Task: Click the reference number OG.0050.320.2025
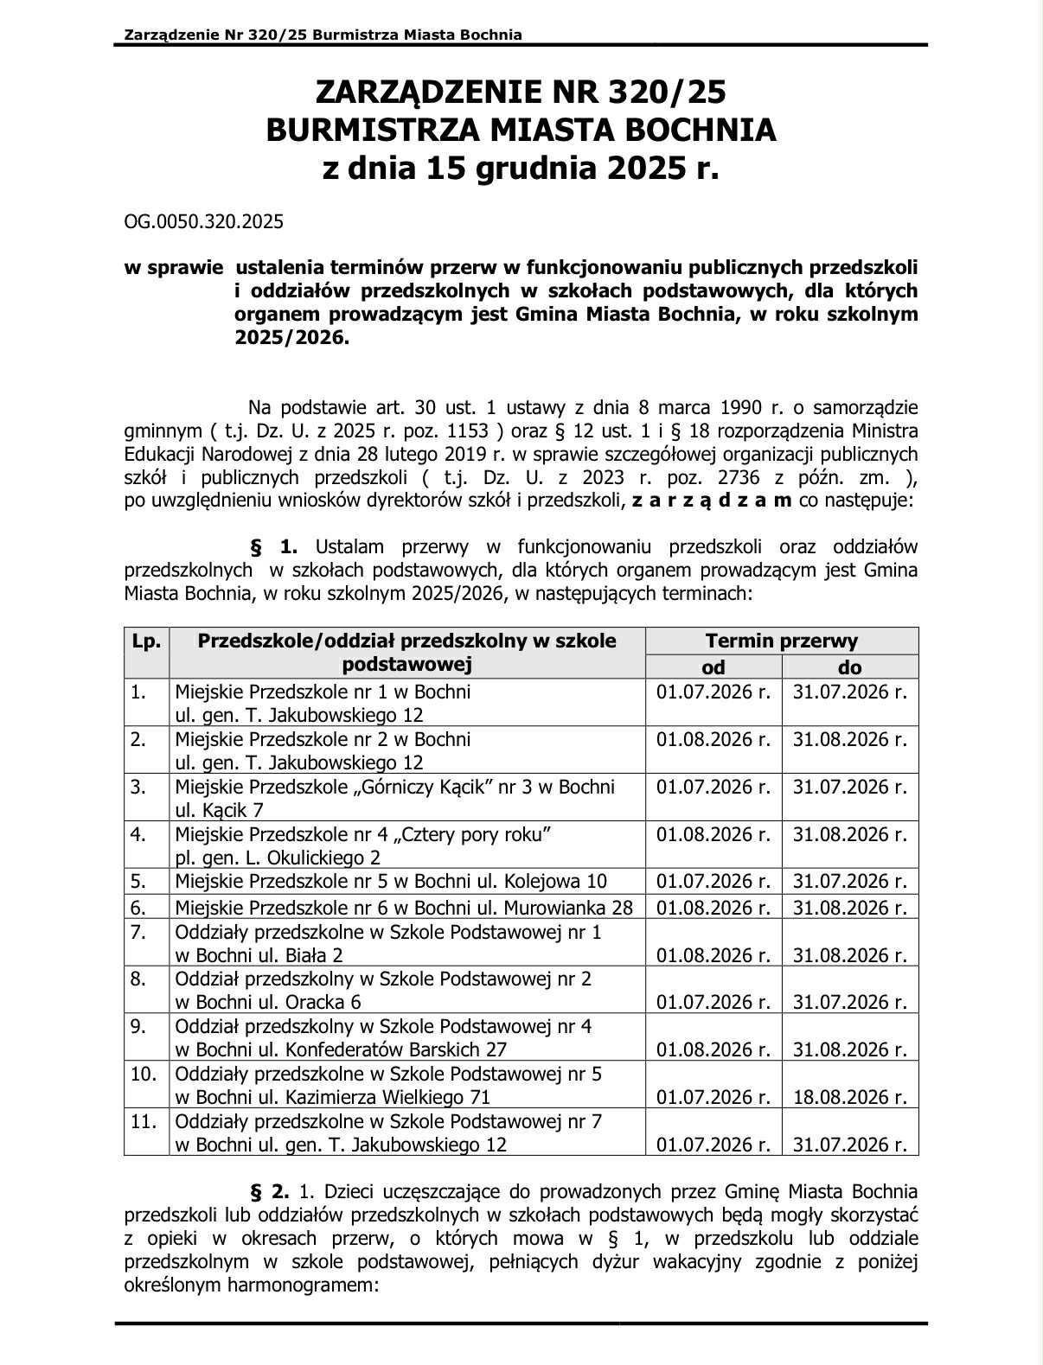tap(204, 221)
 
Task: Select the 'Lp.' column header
tap(146, 641)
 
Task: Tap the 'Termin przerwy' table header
tap(781, 641)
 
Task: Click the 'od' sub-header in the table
tap(713, 667)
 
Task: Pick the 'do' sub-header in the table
tap(850, 667)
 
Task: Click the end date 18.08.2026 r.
tap(850, 1097)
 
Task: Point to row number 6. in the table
tap(138, 908)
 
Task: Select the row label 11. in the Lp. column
tap(143, 1121)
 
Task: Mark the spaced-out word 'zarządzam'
tap(711, 501)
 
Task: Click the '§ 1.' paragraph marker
tap(274, 546)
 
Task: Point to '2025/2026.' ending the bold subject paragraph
tap(291, 338)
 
